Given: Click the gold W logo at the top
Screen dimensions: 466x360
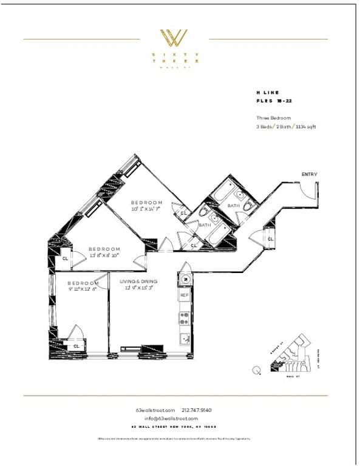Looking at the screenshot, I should tap(173, 38).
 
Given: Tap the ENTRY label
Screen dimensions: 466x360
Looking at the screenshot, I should tap(309, 175).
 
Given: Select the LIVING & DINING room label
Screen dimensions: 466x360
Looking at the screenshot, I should tap(138, 281).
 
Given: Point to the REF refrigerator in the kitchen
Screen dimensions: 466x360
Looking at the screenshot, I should tap(184, 295).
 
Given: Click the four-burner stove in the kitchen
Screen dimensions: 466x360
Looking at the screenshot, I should tap(184, 319).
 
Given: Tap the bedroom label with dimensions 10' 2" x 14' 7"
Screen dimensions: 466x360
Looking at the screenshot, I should tap(147, 206).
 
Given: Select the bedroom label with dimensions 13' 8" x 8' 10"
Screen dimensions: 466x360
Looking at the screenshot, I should tap(104, 252).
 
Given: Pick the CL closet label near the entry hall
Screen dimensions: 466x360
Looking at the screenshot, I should tap(270, 239).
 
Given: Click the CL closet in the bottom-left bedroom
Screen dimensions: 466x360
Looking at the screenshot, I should tap(76, 346).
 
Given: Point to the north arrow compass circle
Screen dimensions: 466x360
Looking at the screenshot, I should tap(256, 370).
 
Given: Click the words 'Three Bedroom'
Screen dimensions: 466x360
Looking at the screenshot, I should tap(273, 118).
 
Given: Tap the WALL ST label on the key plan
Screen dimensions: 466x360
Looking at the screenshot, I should tap(293, 377).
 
